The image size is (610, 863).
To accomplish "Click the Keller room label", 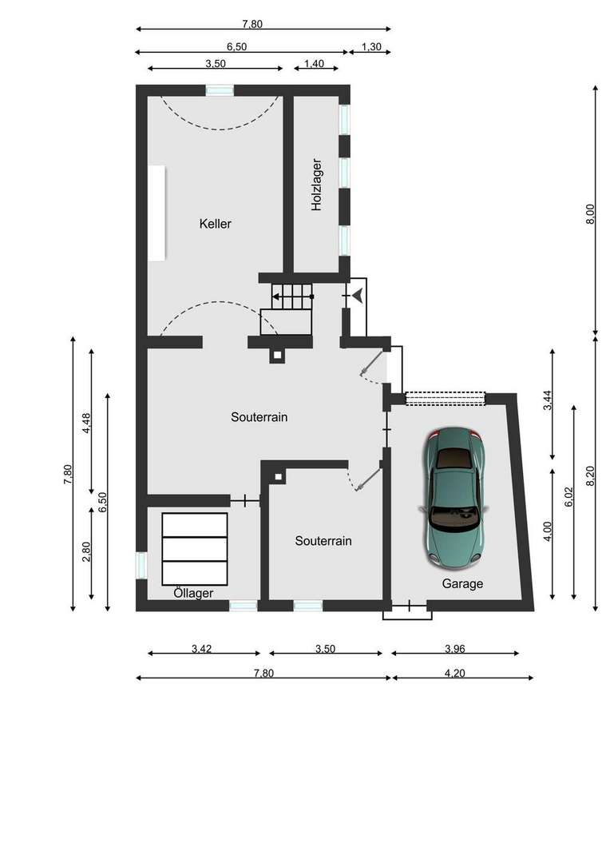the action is coord(215,224).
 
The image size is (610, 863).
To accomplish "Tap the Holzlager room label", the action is coord(316,185).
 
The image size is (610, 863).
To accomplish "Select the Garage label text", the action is coord(462,583).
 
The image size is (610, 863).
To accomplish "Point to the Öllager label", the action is coord(193,593).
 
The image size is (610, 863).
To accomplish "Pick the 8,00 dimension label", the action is coord(590,215).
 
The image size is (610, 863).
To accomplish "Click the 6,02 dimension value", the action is coord(568,497).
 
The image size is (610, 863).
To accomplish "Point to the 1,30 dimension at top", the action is coord(371,47).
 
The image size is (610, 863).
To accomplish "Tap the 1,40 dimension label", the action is coord(314,64).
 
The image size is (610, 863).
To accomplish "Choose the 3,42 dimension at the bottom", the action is coord(201,648).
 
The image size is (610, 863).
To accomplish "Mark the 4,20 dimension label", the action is coord(454,673).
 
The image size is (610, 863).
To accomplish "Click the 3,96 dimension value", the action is coord(455,648).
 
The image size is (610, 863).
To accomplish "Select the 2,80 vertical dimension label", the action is coord(85,552).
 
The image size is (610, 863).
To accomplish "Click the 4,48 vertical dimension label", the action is coord(85,424).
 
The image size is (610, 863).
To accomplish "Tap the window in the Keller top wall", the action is coord(220,90).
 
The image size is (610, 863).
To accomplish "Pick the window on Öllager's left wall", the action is coord(141,565).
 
